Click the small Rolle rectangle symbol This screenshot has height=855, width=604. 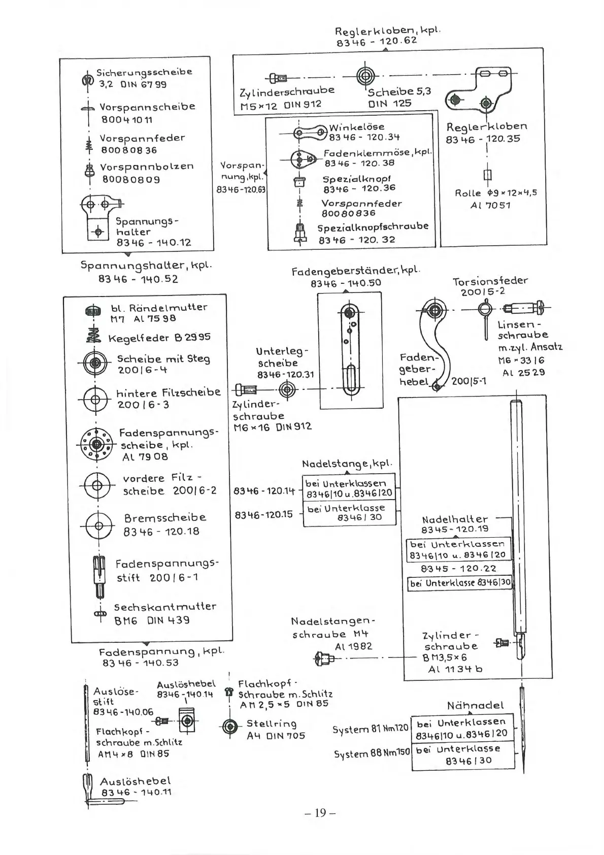coord(488,175)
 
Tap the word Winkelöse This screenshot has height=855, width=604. coord(357,126)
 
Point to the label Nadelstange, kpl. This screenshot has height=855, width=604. coord(347,464)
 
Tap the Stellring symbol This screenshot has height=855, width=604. coord(230,727)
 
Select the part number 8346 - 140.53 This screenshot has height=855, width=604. coord(141,663)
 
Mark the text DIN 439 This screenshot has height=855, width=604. coord(168,620)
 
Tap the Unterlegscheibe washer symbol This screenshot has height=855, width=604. coord(287,390)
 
